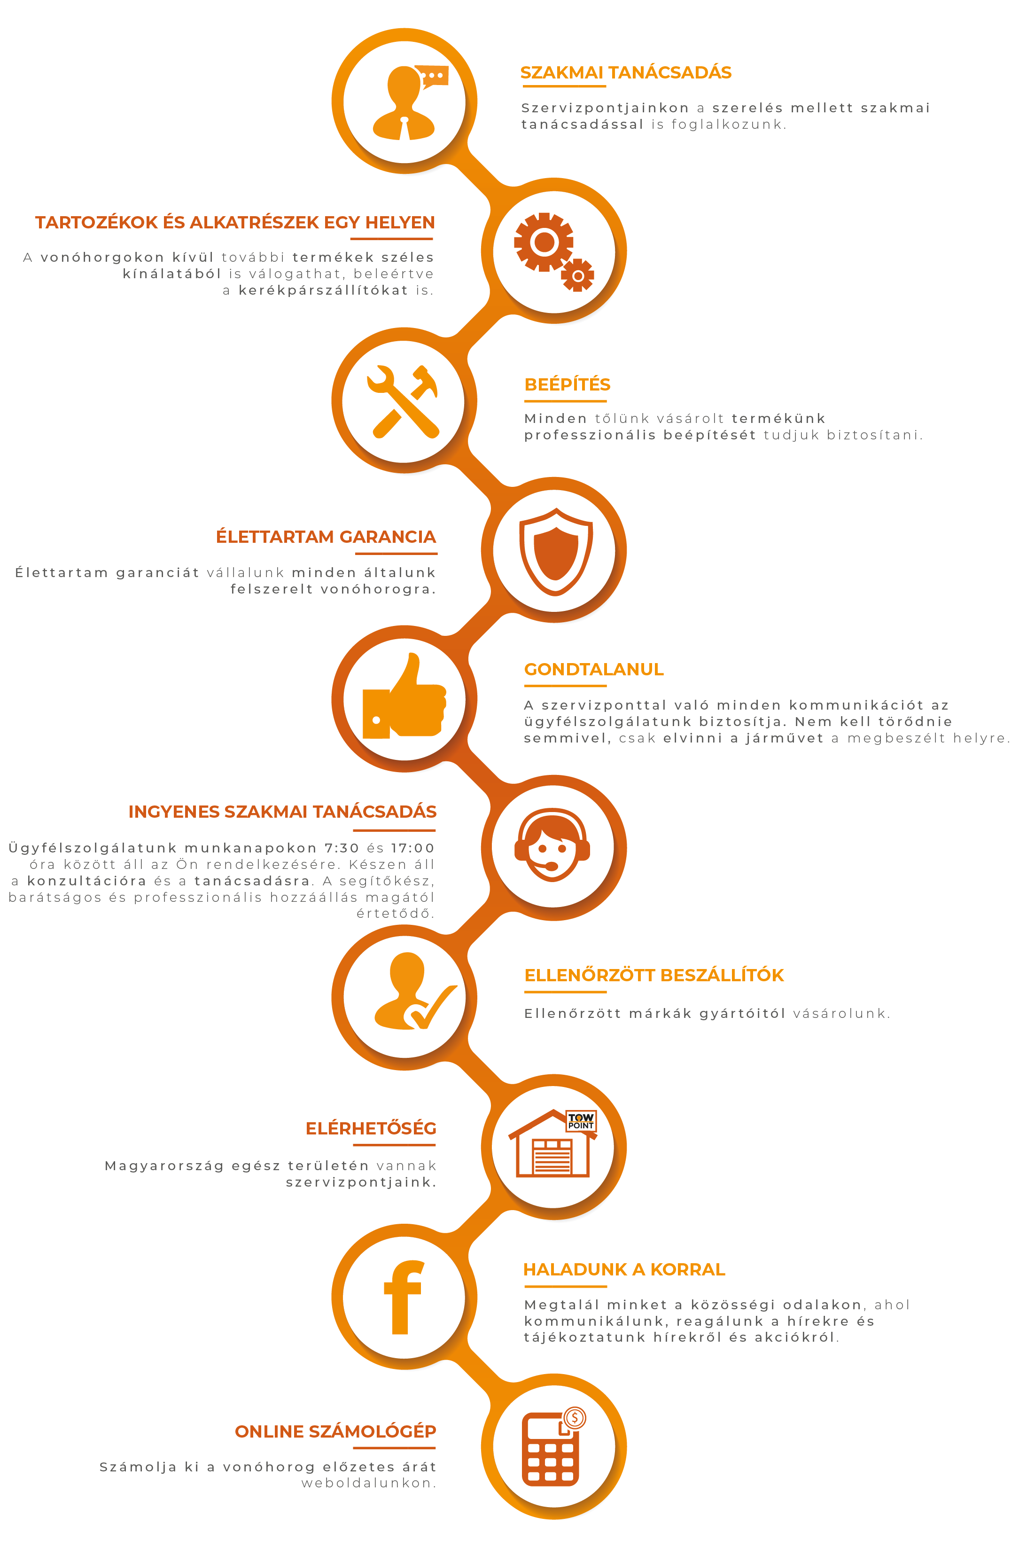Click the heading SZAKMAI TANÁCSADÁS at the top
click(x=626, y=72)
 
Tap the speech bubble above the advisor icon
click(x=431, y=76)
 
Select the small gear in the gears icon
click(x=577, y=276)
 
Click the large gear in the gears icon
click(x=544, y=242)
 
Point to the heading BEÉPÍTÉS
click(x=567, y=384)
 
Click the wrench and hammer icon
click(x=403, y=401)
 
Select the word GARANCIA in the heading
click(x=388, y=537)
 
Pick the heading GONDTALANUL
click(x=594, y=669)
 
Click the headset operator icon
click(x=552, y=845)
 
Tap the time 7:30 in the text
click(x=342, y=848)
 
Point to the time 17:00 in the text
click(x=412, y=848)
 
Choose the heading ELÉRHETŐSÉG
click(x=371, y=1128)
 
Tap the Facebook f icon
click(x=403, y=1297)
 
